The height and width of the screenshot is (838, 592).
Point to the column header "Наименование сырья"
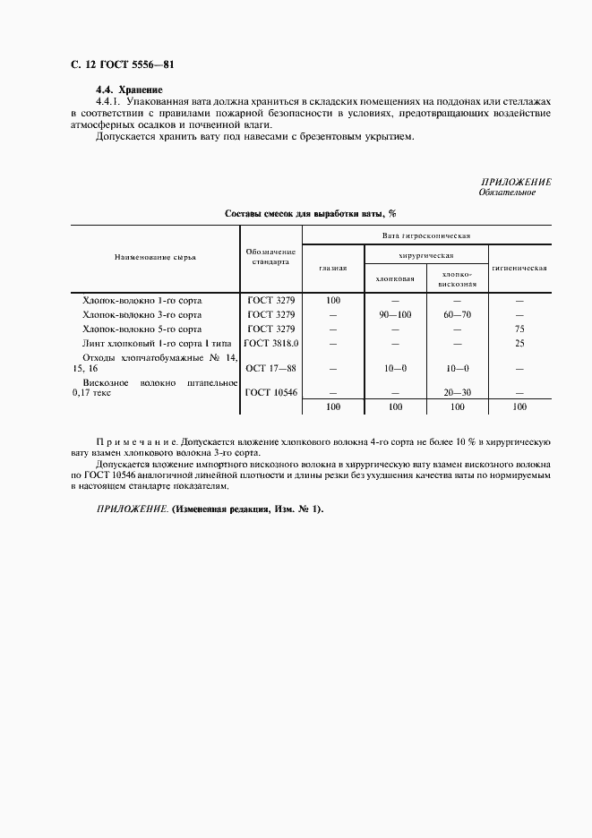click(x=155, y=257)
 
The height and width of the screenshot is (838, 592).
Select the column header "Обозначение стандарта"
click(x=270, y=257)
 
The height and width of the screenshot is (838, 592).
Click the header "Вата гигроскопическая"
click(x=426, y=236)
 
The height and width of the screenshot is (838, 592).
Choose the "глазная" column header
click(x=333, y=268)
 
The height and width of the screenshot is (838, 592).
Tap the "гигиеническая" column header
click(x=519, y=268)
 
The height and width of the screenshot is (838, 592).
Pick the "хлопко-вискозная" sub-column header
click(x=456, y=278)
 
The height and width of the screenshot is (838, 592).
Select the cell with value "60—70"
click(x=456, y=314)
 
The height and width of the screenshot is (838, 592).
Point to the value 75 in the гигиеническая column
click(x=519, y=329)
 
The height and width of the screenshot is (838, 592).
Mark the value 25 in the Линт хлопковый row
click(x=519, y=343)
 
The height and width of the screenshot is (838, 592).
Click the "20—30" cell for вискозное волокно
click(x=456, y=392)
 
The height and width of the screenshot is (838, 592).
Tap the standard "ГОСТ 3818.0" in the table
click(x=270, y=343)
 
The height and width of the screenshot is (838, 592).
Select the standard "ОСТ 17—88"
click(x=270, y=368)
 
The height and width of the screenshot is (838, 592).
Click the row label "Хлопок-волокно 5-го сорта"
click(x=142, y=329)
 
